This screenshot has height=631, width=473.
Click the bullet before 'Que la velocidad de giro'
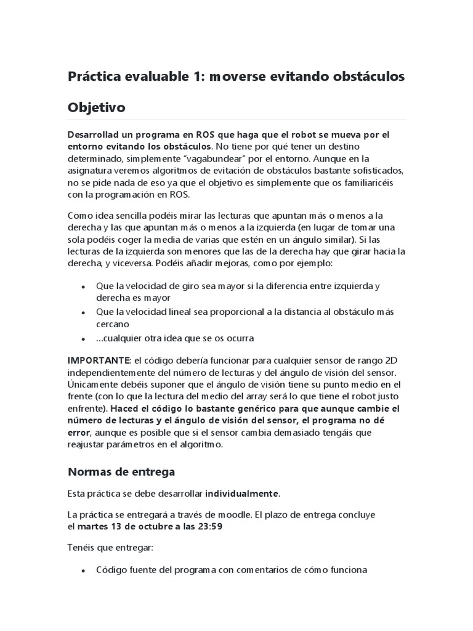[83, 287]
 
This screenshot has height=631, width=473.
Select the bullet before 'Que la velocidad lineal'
[83, 312]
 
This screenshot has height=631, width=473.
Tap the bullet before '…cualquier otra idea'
[83, 339]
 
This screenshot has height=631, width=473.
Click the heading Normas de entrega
[121, 471]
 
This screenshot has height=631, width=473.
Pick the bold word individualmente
[241, 494]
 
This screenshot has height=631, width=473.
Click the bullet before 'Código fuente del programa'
[83, 571]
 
